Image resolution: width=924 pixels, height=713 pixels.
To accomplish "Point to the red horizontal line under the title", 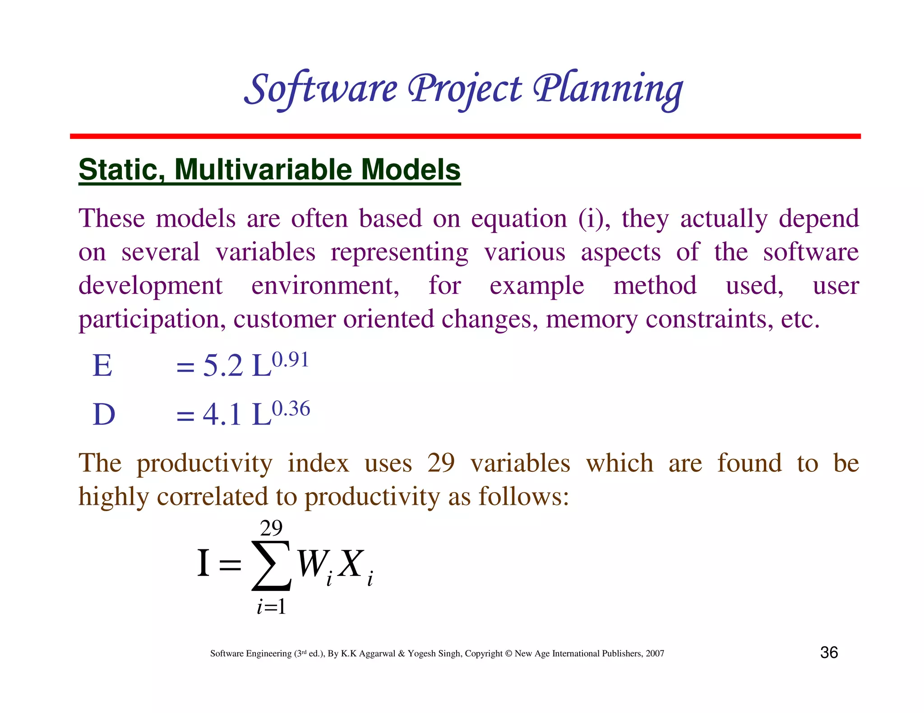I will coord(465,136).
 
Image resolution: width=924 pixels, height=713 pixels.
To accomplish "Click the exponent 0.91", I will coord(290,360).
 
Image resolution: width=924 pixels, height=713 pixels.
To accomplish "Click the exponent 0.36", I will coord(291,409).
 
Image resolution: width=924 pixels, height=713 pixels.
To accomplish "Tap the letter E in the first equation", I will coord(102,366).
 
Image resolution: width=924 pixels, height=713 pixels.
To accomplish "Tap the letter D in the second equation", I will coord(104,414).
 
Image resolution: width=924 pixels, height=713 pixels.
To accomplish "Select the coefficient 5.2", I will coord(223,366).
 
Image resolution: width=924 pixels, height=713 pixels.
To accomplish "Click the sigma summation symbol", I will coord(271,566).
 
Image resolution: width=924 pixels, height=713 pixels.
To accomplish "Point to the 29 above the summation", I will coord(271,528).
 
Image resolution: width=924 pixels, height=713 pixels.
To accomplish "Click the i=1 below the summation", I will coord(271,607).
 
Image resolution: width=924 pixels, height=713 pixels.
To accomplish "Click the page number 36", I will coord(829,653).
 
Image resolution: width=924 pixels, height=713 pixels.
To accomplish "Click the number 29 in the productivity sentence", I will coord(441,463).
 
